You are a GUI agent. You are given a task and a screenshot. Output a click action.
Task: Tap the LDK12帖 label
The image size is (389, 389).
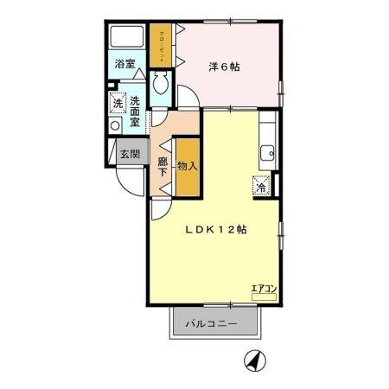pyautogui.click(x=216, y=230)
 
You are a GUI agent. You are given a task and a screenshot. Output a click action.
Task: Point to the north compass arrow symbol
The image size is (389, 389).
pyautogui.click(x=253, y=359)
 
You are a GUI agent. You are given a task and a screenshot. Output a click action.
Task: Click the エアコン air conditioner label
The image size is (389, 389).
pyautogui.click(x=263, y=289)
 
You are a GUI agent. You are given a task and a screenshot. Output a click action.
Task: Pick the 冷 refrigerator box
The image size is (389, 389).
pyautogui.click(x=260, y=184)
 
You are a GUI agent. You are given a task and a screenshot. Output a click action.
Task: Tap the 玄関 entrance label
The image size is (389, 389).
pyautogui.click(x=128, y=155)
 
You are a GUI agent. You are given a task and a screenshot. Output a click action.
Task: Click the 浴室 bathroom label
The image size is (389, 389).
pyautogui.click(x=125, y=63)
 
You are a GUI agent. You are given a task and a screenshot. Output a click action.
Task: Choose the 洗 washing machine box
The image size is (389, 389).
pyautogui.click(x=118, y=105)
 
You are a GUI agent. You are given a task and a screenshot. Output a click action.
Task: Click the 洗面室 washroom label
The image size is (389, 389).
pyautogui.click(x=135, y=111)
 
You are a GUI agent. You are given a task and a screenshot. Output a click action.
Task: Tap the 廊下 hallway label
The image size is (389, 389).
pyautogui.click(x=163, y=165)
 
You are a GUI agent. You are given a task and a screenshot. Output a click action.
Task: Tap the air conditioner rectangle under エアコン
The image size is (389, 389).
pyautogui.click(x=263, y=297)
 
